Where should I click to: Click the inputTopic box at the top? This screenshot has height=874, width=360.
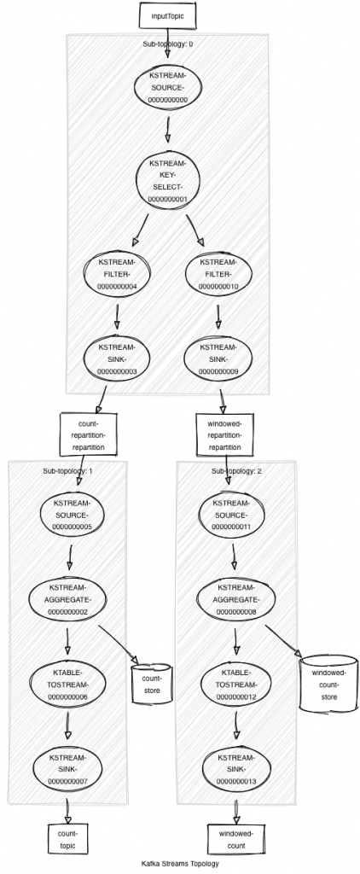click(167, 15)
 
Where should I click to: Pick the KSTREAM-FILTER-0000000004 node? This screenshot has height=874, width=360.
click(117, 275)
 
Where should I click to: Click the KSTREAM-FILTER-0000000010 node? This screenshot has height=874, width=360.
click(218, 275)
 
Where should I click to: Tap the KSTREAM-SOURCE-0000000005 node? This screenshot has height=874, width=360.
click(72, 516)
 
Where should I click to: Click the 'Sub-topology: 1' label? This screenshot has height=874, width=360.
click(67, 470)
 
